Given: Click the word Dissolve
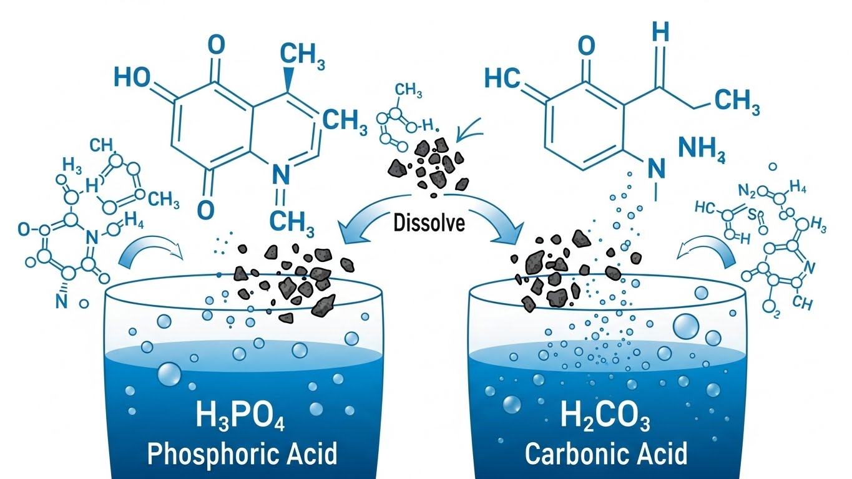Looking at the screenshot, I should (430, 223).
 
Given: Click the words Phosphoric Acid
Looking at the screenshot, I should (242, 453).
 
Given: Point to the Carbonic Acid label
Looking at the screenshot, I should (605, 453).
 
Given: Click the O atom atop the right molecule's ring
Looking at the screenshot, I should (586, 45).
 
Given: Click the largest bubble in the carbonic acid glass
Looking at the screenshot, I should (687, 325).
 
